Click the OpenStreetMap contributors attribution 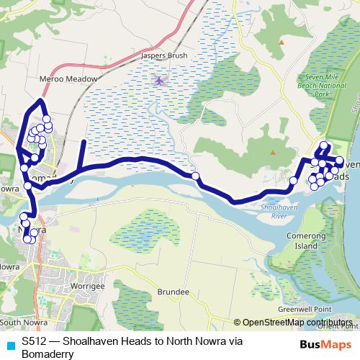pos(297,323)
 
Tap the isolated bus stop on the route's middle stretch pos(195,176)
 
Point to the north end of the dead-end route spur pos(82,142)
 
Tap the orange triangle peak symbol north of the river pos(273,153)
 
